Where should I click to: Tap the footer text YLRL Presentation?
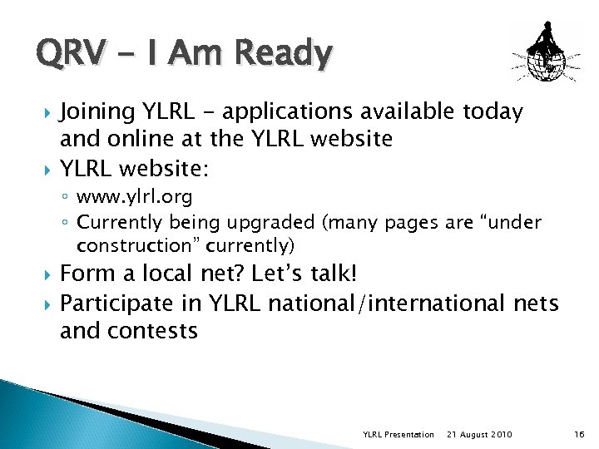tap(399, 434)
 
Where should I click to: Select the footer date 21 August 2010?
tap(480, 434)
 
